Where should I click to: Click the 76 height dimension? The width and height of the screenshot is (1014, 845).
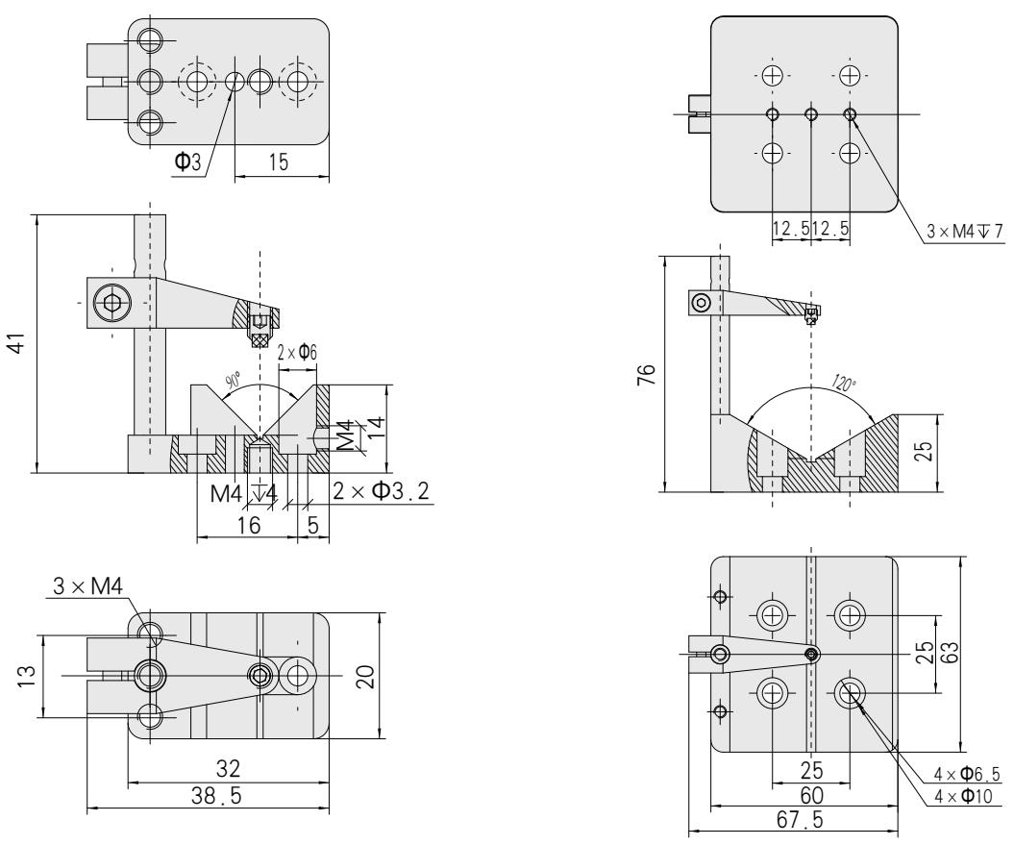click(x=649, y=373)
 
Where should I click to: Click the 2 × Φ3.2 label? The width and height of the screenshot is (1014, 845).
click(x=381, y=492)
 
